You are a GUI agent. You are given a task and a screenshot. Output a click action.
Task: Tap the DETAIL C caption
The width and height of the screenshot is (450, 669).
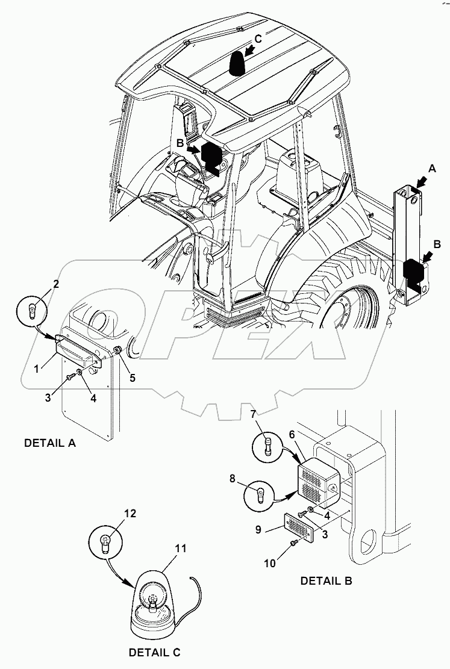(x=154, y=652)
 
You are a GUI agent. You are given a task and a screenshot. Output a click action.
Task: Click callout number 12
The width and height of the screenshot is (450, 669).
(x=131, y=514)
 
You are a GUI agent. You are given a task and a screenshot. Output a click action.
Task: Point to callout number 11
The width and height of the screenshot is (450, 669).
(x=180, y=549)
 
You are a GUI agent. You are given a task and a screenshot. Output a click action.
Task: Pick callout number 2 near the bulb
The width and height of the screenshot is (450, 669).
(x=55, y=284)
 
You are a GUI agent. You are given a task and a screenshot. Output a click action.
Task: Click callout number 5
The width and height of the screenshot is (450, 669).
(x=133, y=378)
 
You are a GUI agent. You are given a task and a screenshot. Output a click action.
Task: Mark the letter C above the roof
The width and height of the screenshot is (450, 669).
(x=257, y=39)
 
